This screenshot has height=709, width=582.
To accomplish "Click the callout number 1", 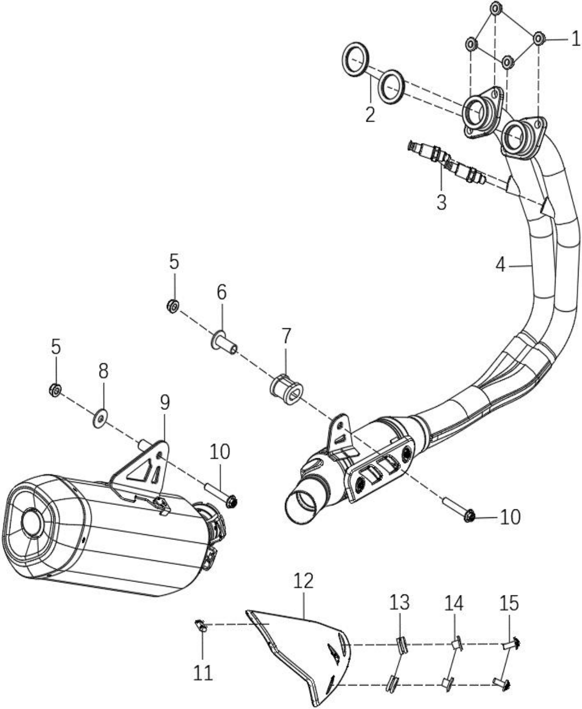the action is [576, 39].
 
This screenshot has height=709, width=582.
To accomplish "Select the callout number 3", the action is [441, 202].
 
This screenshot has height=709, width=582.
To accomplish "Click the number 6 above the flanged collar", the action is [221, 292].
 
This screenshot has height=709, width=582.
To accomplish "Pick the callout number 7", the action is [285, 336].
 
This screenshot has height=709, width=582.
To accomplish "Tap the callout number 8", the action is [103, 371].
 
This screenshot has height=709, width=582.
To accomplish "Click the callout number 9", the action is [164, 402].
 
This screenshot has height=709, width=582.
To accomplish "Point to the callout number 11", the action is [203, 673].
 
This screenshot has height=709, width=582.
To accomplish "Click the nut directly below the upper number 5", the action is [172, 306].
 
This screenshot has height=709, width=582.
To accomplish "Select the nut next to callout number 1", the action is [538, 39].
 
